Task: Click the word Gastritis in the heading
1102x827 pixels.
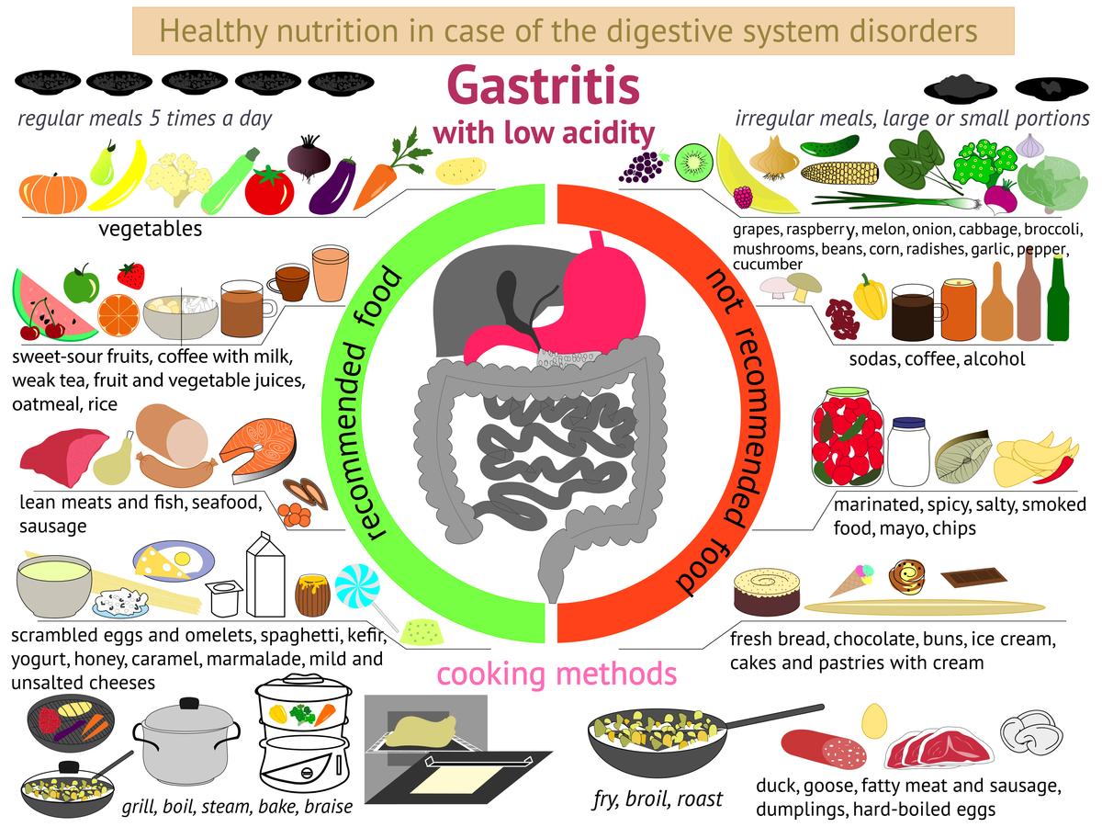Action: tap(544, 85)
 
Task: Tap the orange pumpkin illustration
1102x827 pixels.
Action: tap(52, 193)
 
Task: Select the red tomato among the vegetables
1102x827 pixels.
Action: tap(270, 190)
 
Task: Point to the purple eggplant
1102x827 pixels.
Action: tap(332, 186)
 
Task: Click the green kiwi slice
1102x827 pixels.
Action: tap(693, 162)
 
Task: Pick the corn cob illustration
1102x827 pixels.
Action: tap(839, 173)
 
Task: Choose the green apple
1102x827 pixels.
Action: tap(81, 283)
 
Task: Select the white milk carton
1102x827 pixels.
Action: tap(265, 575)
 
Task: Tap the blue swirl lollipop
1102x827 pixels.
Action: tap(357, 586)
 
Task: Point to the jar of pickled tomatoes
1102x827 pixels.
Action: tap(848, 436)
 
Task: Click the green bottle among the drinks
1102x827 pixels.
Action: tap(1058, 299)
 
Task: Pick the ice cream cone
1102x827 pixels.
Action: tap(852, 581)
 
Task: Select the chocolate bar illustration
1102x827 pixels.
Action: tap(973, 577)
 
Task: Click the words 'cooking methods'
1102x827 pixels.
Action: tap(557, 674)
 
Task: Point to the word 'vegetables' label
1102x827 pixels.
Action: tap(150, 229)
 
